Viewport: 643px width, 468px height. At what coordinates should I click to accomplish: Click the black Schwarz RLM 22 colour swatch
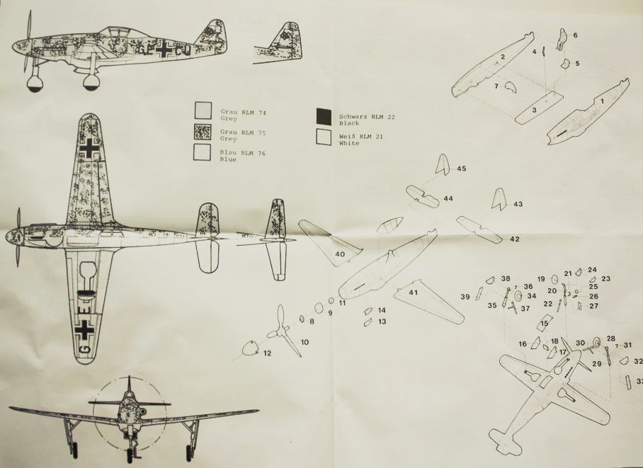coord(324,115)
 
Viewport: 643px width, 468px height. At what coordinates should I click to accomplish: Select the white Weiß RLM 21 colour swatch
coord(324,137)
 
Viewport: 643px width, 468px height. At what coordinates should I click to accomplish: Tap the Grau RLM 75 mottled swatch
coord(203,131)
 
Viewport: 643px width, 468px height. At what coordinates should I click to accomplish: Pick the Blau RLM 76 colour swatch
coord(203,152)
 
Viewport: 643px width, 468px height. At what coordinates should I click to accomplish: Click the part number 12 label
coord(266,353)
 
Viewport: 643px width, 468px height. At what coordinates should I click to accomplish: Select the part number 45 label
coord(462,169)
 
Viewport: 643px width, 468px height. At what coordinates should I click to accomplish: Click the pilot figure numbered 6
coord(561,40)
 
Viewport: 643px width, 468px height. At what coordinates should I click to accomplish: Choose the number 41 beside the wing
coord(414,292)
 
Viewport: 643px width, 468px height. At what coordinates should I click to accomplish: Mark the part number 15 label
coord(544,324)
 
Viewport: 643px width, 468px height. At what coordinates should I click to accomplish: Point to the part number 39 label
coord(465,297)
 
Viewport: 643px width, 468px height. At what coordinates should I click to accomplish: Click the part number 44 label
coord(448,199)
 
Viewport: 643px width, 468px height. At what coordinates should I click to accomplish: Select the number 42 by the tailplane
coord(514,239)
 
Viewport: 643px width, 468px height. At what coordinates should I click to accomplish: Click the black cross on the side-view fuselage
coord(164,50)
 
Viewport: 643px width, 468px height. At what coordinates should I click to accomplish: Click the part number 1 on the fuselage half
coord(602,101)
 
